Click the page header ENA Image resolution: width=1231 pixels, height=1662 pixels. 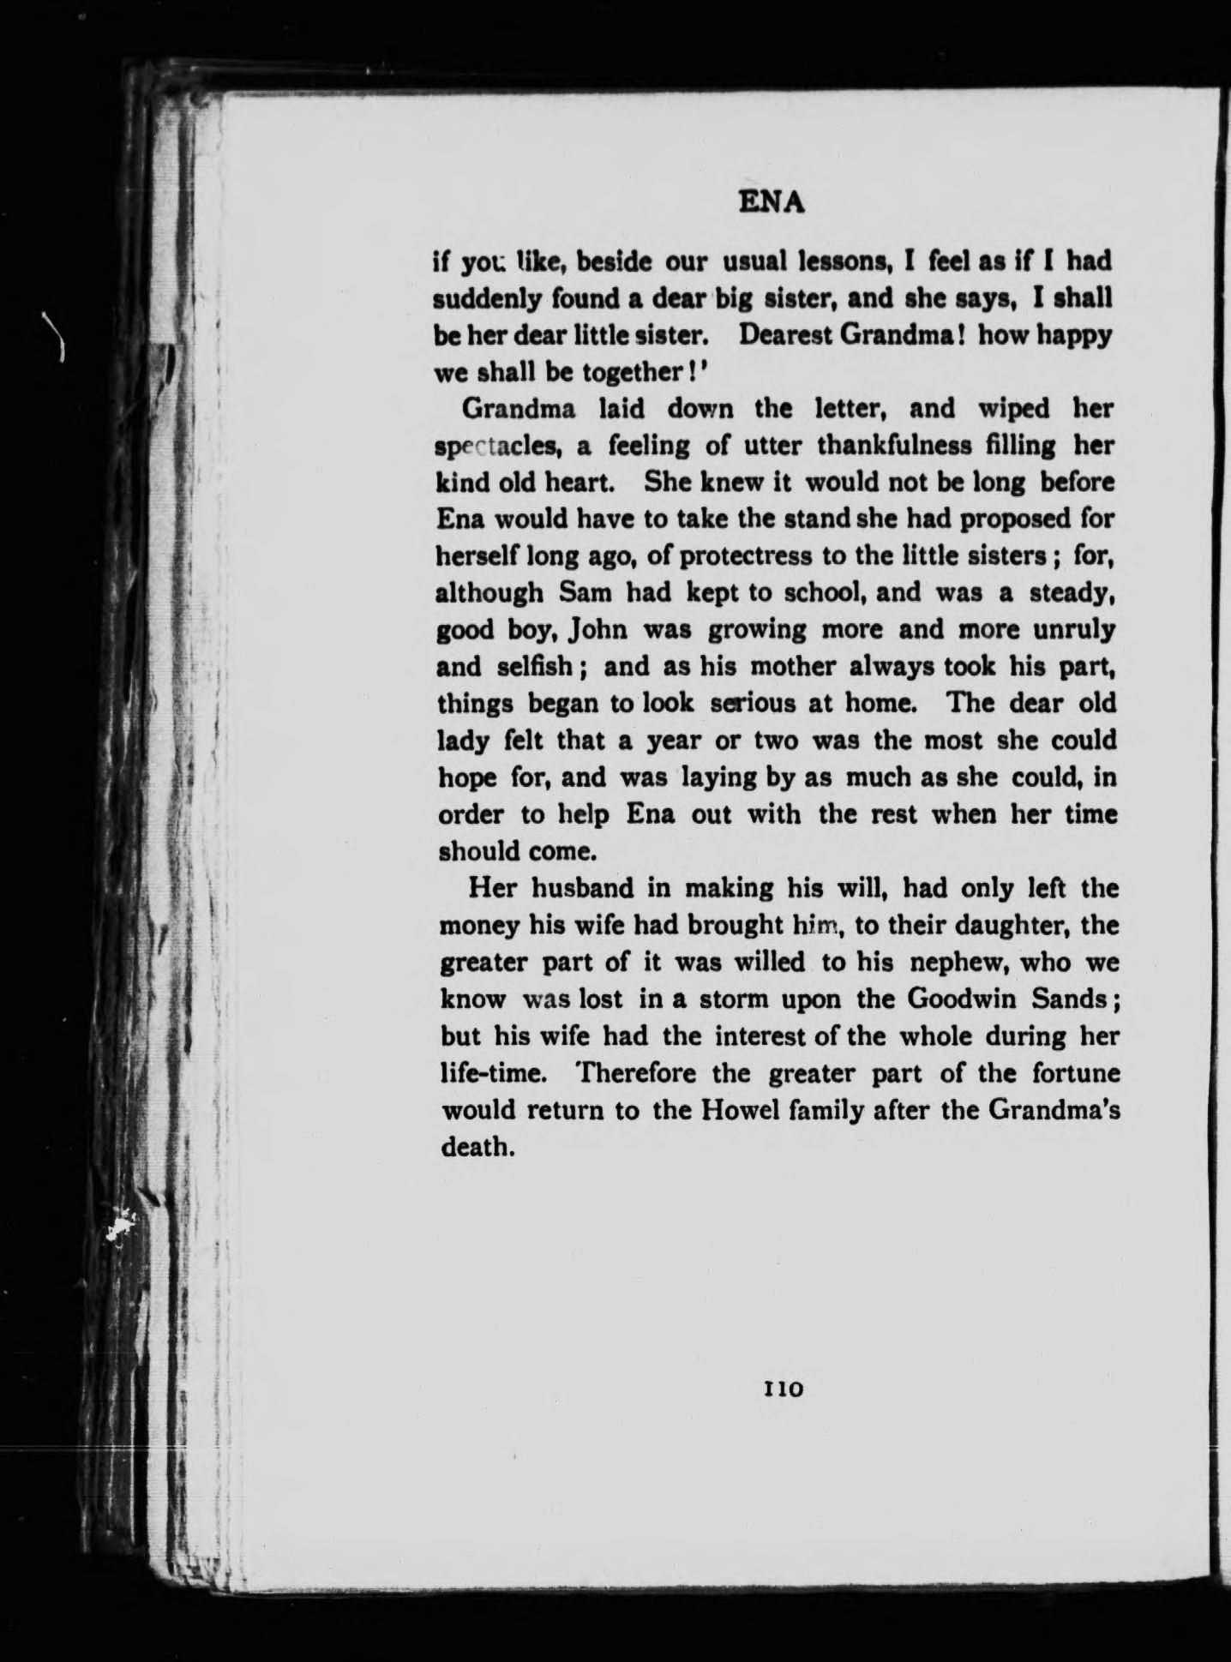772,203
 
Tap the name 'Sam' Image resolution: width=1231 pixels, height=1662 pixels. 583,593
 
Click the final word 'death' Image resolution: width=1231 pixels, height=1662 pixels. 476,1147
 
